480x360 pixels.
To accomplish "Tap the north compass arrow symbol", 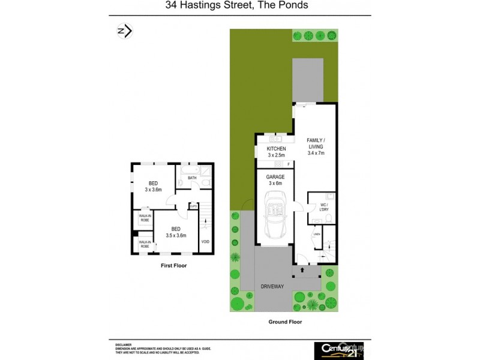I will click(124, 31).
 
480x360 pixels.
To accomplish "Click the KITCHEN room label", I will click(277, 149).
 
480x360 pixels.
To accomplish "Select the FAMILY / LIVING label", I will click(316, 143).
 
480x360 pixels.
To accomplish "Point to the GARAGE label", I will click(275, 178).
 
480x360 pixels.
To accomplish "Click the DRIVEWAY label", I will click(272, 286).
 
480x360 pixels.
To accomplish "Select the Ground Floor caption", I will click(285, 322).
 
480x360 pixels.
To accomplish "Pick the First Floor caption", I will click(173, 265).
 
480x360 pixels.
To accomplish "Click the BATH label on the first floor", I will click(192, 178).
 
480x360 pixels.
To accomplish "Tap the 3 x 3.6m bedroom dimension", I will click(154, 190).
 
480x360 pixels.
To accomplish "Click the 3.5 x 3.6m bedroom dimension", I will click(176, 235).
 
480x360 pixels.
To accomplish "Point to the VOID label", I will click(205, 242).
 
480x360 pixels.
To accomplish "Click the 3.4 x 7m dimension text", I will click(316, 154).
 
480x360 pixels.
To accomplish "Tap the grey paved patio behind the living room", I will click(308, 80).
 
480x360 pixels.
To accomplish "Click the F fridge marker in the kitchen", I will click(288, 164).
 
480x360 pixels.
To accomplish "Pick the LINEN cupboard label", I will click(317, 234).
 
